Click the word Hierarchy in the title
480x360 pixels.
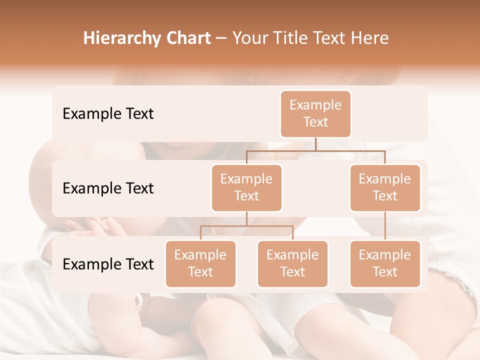click(x=121, y=38)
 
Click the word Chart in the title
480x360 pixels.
click(x=187, y=38)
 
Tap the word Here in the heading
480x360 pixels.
click(x=370, y=38)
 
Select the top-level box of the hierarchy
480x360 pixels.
click(x=315, y=114)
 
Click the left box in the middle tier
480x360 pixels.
click(x=246, y=188)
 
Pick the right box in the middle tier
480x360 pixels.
click(x=385, y=188)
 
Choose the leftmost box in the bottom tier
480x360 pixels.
click(x=200, y=264)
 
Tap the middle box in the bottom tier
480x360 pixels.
click(x=292, y=264)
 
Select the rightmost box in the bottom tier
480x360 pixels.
click(x=385, y=264)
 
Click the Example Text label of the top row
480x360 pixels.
click(x=108, y=114)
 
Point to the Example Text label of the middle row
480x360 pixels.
click(x=108, y=188)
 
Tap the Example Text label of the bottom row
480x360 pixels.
click(x=108, y=264)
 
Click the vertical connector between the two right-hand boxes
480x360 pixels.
click(x=385, y=226)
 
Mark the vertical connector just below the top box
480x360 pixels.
click(x=315, y=144)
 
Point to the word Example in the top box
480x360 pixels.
click(x=315, y=105)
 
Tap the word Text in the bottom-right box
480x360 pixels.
click(x=385, y=272)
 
